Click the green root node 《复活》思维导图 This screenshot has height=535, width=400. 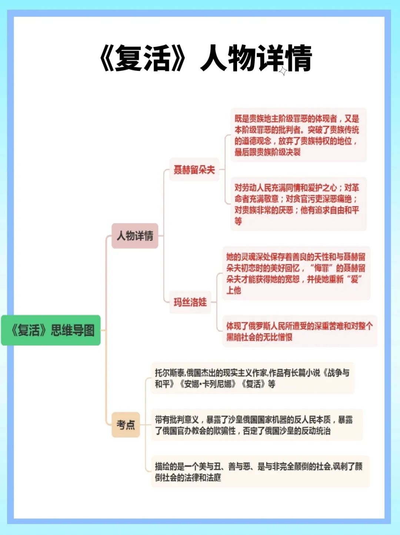[51, 330]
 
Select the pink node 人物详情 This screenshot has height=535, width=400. [135, 236]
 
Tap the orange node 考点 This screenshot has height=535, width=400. [126, 425]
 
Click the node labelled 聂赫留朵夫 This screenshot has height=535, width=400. [194, 170]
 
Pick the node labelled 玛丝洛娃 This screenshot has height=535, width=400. [190, 302]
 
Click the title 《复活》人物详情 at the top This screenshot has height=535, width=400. [206, 58]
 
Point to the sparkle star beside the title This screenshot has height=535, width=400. [283, 71]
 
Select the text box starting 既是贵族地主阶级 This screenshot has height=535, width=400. [298, 135]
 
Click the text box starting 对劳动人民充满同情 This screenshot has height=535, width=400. [298, 204]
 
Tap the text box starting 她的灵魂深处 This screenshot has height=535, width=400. [296, 273]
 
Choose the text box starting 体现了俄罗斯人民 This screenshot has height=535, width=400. [299, 331]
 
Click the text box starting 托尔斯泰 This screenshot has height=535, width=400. [253, 378]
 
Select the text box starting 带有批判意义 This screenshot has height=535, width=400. [256, 425]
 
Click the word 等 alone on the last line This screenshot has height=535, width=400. [238, 221]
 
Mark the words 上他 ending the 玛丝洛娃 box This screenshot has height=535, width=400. [234, 290]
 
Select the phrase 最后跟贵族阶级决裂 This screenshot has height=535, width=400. [267, 152]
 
